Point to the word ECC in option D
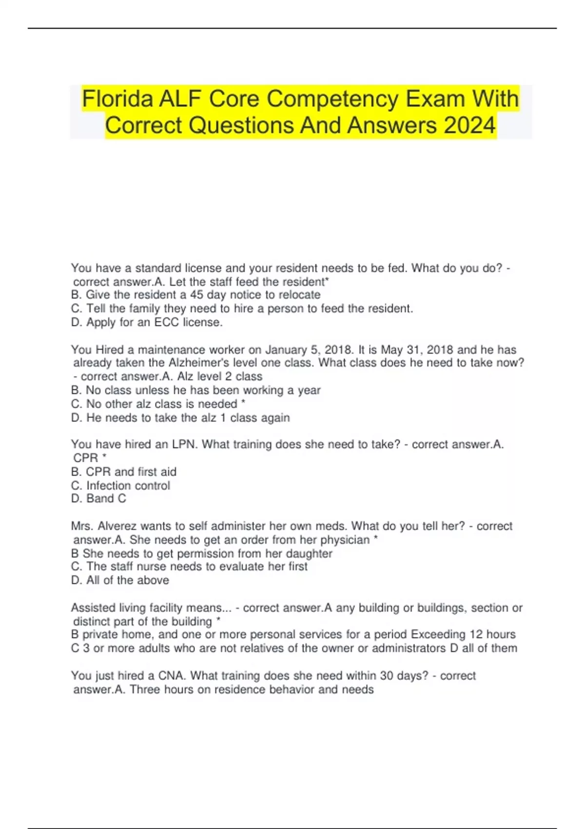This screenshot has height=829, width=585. [166, 322]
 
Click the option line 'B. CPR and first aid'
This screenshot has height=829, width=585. [124, 472]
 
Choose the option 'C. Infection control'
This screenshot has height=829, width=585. [120, 486]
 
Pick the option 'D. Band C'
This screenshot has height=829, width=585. [98, 499]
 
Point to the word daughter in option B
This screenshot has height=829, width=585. [309, 553]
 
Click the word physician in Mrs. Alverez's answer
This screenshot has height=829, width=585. [345, 540]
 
